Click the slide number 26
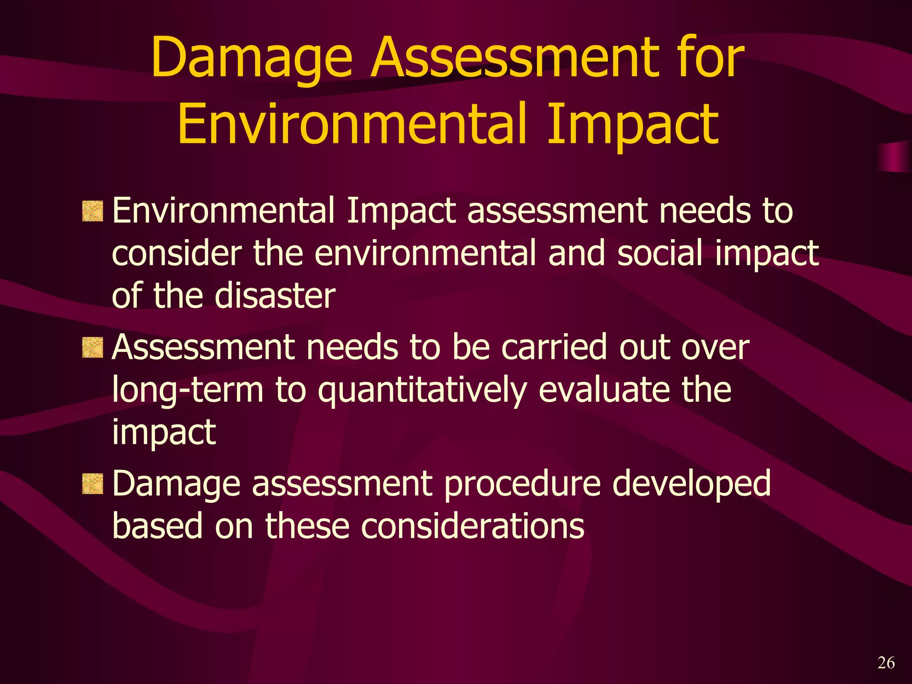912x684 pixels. tap(886, 663)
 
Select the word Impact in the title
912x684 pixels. tap(632, 125)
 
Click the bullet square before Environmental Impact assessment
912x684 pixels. tap(93, 211)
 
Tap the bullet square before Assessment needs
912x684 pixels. tap(93, 348)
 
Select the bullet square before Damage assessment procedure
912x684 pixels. tap(93, 484)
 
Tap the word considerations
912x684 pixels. tap(472, 526)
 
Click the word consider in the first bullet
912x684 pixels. tap(176, 252)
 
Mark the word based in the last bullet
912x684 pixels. tap(158, 525)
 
